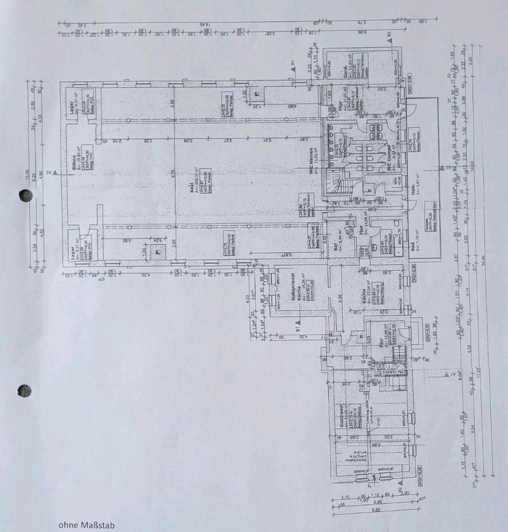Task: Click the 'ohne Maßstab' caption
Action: point(87,524)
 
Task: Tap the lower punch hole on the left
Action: point(25,390)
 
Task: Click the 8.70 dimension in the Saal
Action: point(173,173)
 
